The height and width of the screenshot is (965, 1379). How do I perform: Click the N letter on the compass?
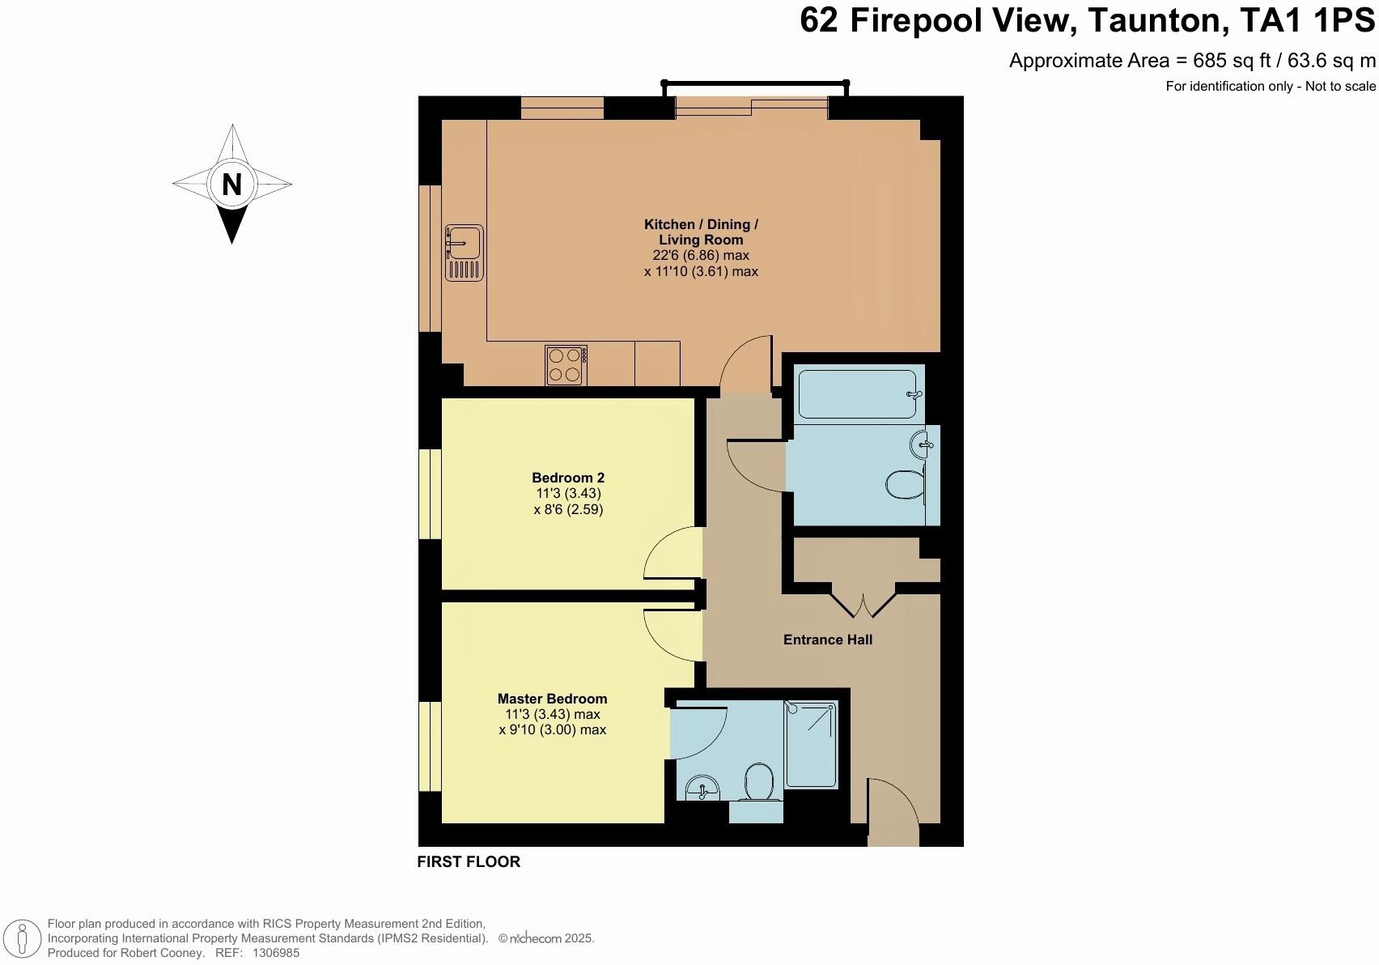[231, 184]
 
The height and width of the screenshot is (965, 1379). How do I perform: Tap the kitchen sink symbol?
[465, 253]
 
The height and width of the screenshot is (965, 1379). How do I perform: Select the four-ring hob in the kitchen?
[566, 365]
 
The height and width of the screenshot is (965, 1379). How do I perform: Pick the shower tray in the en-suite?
[812, 744]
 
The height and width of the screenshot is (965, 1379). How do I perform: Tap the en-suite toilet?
[758, 782]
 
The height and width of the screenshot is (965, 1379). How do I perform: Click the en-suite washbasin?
[702, 789]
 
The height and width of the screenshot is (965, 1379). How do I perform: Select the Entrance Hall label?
[827, 640]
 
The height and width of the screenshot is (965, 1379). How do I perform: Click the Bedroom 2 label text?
[568, 478]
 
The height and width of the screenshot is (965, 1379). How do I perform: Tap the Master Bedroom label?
[552, 699]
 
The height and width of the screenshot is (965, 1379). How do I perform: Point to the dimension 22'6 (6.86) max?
[701, 256]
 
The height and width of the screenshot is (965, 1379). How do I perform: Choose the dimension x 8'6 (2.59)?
[568, 509]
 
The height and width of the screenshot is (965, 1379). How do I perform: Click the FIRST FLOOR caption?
[469, 861]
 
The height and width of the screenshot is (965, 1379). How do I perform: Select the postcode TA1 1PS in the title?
[1307, 20]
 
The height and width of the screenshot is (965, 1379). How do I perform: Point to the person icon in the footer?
[23, 939]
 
